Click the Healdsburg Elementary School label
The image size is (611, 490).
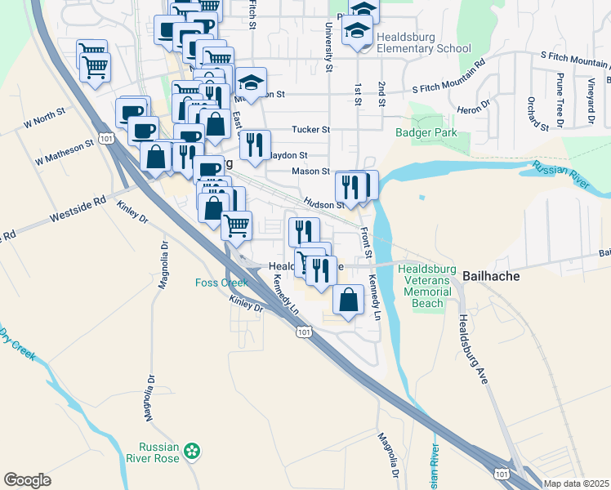(x=425, y=48)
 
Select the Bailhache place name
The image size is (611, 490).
(x=492, y=276)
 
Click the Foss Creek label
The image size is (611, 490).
(x=221, y=283)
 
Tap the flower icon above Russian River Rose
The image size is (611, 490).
(x=192, y=450)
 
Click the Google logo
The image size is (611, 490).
(x=27, y=480)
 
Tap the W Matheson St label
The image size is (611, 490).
(x=65, y=150)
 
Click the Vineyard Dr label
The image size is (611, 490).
(x=589, y=96)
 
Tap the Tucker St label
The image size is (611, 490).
(x=311, y=130)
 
